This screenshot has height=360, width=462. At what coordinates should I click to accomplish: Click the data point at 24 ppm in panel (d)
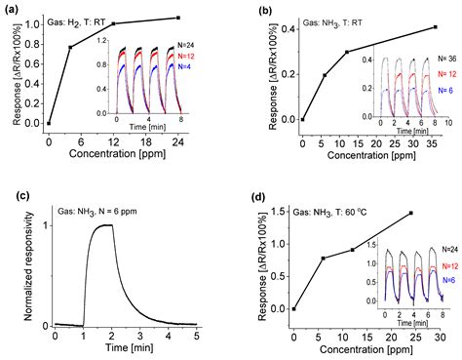tap(410, 213)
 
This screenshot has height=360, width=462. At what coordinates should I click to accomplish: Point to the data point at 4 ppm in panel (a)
tap(70, 47)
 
